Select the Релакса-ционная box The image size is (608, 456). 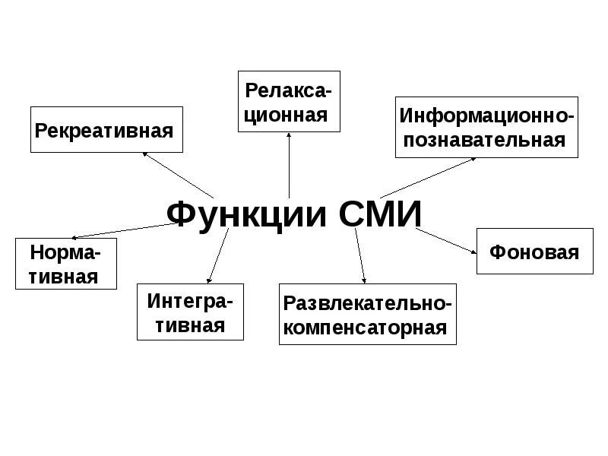tap(289, 101)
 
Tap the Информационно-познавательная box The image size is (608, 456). tap(487, 127)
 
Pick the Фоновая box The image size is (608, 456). tap(534, 251)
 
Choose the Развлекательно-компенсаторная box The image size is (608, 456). tap(368, 315)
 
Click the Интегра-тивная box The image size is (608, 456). tap(191, 312)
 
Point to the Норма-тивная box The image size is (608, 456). tap(66, 263)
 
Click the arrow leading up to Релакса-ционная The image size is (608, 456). tap(290, 163)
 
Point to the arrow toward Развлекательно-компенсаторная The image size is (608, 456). tap(360, 255)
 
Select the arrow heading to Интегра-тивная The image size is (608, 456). tap(217, 257)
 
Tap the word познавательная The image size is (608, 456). tap(487, 140)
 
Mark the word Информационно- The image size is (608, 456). tap(487, 116)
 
